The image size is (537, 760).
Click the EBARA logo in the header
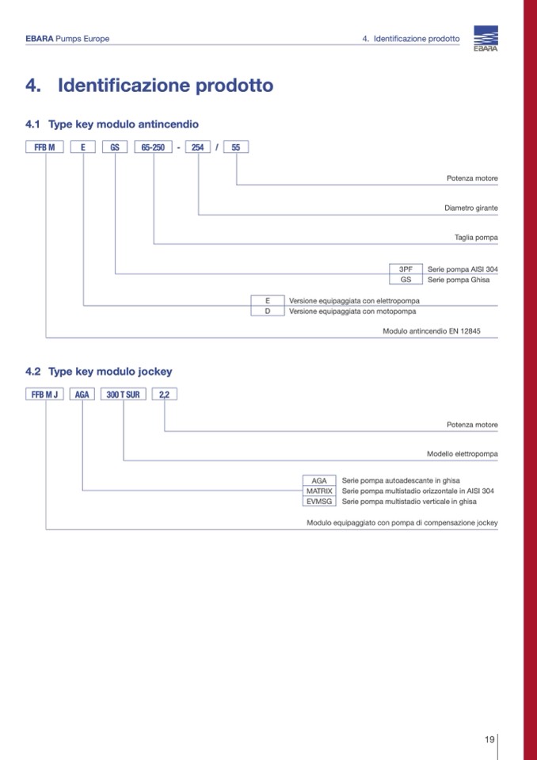click(x=486, y=39)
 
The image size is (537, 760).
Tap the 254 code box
click(x=198, y=147)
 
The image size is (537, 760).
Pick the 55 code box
click(x=236, y=147)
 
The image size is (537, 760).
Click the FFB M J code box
click(x=46, y=395)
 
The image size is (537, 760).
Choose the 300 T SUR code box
click(x=123, y=395)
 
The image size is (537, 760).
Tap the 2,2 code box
click(x=164, y=395)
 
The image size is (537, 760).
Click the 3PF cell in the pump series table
click(x=406, y=269)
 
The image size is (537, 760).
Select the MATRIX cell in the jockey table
click(x=319, y=491)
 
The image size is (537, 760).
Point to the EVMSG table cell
click(x=319, y=501)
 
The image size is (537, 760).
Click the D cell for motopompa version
click(x=268, y=311)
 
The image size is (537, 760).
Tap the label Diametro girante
click(x=470, y=208)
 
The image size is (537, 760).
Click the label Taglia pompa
click(x=476, y=237)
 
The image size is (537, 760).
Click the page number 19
click(x=489, y=739)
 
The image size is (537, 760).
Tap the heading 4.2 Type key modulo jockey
click(x=99, y=371)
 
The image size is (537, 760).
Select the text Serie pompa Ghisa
click(x=459, y=280)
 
